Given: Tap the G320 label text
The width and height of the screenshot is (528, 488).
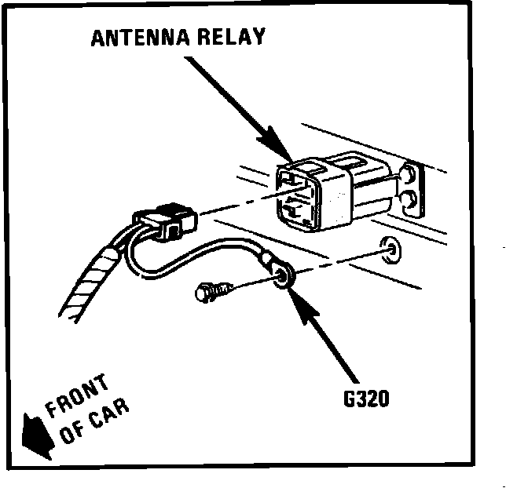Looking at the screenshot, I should (366, 399).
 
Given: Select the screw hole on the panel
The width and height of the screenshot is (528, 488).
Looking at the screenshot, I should (387, 249).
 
